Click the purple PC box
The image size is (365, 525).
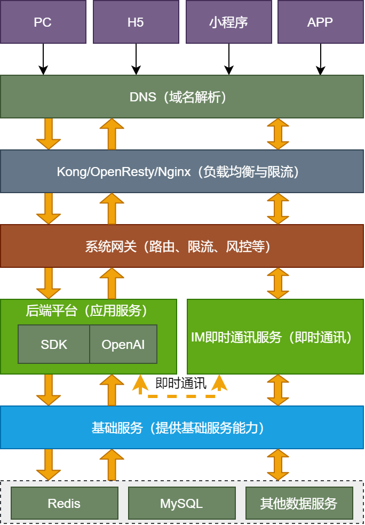(x=43, y=22)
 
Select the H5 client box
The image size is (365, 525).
(x=136, y=22)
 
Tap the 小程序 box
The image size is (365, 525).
(x=228, y=22)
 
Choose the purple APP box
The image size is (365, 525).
(x=320, y=22)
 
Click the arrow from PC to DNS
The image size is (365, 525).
(x=43, y=59)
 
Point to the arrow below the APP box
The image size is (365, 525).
(x=321, y=59)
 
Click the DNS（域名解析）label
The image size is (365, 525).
(x=181, y=97)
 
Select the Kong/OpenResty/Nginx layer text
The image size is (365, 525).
(x=181, y=172)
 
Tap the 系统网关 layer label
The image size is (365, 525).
(x=181, y=246)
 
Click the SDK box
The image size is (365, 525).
(x=54, y=344)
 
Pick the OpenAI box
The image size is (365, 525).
(x=123, y=344)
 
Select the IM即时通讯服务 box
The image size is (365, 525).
(x=275, y=337)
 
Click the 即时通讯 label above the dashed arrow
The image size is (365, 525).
(x=180, y=384)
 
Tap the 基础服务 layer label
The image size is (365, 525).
(x=181, y=428)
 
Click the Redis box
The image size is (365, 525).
(x=64, y=503)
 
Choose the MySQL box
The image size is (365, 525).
(x=181, y=503)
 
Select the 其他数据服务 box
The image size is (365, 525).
(x=299, y=503)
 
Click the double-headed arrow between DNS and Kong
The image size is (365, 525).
(x=278, y=134)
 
